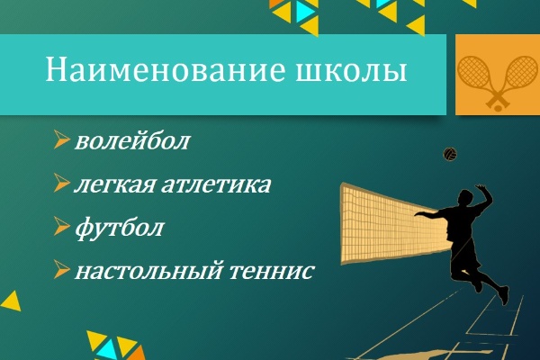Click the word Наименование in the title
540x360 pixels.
[166, 69]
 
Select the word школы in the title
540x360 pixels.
[352, 71]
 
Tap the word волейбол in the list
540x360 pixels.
[132, 140]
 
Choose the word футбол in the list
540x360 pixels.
[119, 228]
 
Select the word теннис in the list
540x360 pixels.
[272, 270]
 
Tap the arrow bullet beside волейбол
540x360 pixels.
[61, 139]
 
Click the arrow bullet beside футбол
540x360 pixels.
[61, 226]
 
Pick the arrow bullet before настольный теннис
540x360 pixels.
[61, 269]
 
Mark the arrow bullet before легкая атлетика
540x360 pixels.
[61, 183]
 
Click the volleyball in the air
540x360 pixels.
[450, 154]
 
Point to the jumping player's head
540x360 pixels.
[465, 198]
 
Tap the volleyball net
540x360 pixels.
[392, 224]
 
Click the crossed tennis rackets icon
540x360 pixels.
[498, 83]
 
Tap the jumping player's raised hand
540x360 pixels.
[481, 188]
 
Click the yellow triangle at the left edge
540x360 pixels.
[12, 301]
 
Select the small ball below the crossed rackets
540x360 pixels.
[498, 108]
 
